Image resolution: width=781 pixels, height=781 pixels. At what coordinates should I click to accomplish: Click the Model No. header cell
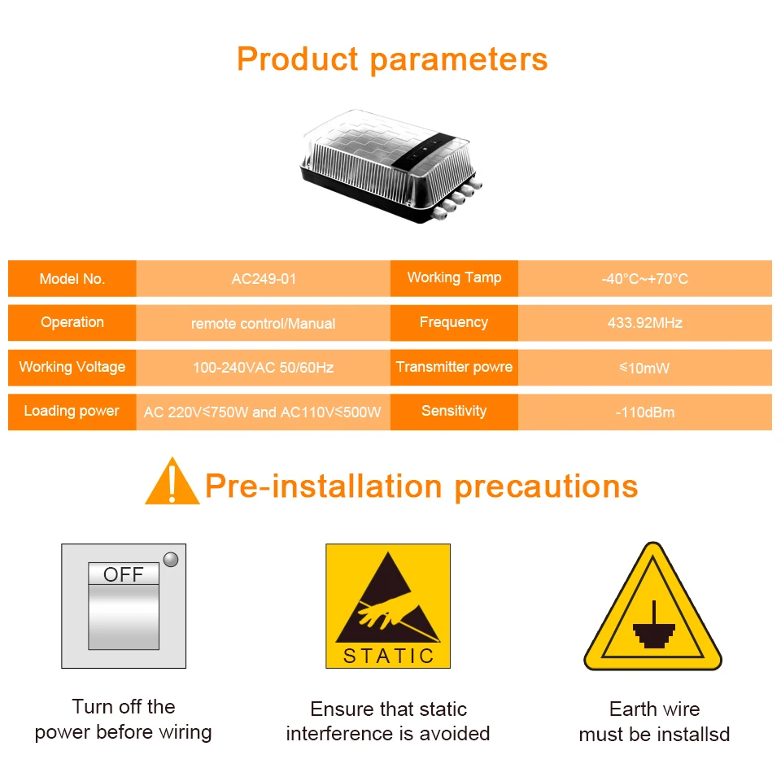coord(72,278)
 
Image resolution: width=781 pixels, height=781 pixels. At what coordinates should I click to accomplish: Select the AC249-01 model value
coord(264,278)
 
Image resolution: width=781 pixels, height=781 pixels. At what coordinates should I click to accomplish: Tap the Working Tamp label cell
coord(454,278)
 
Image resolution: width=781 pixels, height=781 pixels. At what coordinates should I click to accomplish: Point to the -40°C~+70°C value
coord(645,278)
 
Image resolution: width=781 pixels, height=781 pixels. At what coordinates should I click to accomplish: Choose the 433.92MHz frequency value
coord(645,323)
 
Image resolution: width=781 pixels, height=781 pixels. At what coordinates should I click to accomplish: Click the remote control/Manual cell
coord(264,323)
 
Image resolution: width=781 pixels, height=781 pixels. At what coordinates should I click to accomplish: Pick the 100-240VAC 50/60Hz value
coord(264,368)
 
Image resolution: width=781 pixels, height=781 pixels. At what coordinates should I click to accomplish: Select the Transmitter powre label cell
coord(454,368)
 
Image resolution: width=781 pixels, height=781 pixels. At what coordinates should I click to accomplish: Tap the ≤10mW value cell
coord(645,368)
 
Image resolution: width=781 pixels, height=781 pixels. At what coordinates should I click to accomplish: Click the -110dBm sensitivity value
coord(645,412)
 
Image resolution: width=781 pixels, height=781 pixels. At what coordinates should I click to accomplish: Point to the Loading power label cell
coord(72,412)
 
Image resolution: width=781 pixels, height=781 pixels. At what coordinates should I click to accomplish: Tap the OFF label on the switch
coord(124,574)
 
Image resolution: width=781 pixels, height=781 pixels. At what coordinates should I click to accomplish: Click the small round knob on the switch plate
coord(171,560)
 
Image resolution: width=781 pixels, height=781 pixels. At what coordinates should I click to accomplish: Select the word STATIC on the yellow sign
coord(389,656)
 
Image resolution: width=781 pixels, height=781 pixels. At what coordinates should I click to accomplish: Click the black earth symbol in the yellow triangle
coord(654,629)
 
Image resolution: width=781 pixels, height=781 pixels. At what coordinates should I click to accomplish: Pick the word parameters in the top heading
coord(459,59)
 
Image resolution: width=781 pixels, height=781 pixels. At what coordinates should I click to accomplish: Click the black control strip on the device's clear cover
coord(424,150)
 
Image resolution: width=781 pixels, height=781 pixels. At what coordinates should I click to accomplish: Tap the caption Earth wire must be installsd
coord(654,722)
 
